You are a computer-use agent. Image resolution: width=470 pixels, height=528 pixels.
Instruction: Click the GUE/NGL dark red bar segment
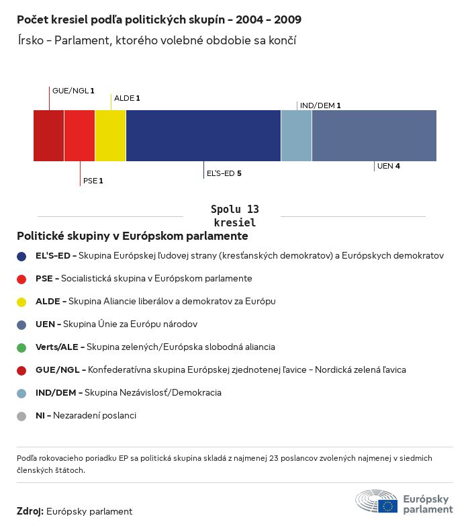[48, 136]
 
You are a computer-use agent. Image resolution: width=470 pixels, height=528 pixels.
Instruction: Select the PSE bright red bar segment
[79, 136]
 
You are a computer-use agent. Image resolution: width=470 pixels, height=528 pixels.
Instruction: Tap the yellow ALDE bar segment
[110, 136]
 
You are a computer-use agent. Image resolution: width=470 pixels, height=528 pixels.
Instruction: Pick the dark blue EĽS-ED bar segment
[203, 136]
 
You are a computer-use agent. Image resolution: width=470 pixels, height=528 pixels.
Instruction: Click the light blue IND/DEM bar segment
[296, 136]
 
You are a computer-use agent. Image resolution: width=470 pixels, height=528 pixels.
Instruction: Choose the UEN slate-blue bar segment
[374, 136]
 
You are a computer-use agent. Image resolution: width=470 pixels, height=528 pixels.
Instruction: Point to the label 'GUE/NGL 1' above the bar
[73, 90]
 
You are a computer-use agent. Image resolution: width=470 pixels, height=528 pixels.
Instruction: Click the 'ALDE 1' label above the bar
[127, 98]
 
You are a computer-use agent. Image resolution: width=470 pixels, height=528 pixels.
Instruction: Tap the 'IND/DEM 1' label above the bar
[320, 105]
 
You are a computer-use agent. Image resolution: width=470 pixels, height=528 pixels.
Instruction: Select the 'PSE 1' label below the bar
[93, 181]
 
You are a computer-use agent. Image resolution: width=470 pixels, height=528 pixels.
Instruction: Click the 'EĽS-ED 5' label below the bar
[224, 173]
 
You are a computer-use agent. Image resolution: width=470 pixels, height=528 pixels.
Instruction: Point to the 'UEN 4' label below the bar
[389, 166]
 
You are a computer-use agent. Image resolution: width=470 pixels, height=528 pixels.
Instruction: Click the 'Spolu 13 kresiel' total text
[234, 216]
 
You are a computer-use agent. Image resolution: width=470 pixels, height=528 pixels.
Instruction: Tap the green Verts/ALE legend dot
[21, 347]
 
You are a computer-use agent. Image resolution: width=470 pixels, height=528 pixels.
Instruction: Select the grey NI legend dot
[21, 416]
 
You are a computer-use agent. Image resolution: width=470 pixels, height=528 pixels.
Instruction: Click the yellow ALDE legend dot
[21, 302]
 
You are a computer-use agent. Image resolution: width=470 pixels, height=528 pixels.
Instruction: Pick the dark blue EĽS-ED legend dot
[21, 256]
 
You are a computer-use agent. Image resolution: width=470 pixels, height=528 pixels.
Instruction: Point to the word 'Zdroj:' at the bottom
[30, 511]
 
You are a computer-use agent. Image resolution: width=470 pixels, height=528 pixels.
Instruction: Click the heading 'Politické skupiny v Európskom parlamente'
[132, 236]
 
